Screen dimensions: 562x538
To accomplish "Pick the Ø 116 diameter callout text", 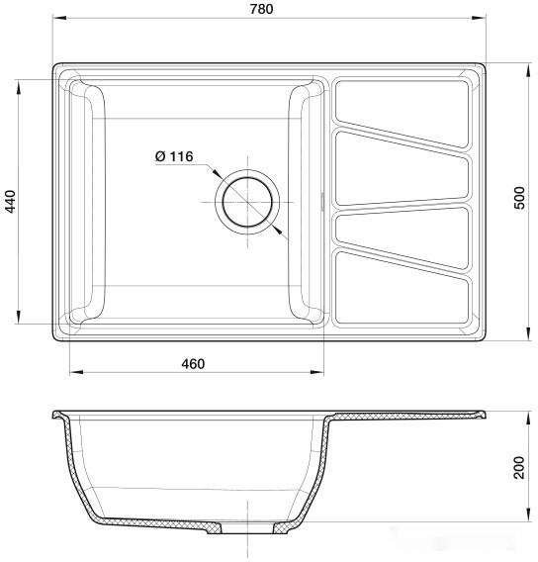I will pos(175,156).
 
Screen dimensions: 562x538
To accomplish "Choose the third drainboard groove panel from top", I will pos(401,230).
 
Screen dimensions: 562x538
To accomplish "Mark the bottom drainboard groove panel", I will pos(401,293).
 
